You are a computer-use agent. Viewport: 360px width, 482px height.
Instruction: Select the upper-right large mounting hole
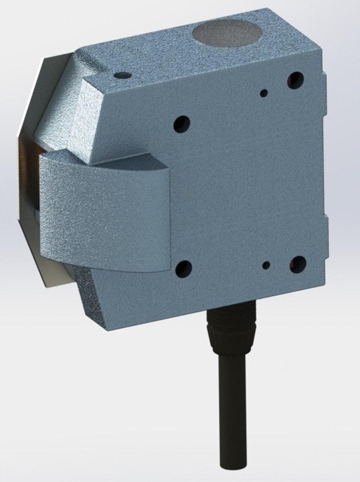pyautogui.click(x=295, y=79)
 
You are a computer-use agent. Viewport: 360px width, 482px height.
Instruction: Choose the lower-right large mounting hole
pyautogui.click(x=297, y=264)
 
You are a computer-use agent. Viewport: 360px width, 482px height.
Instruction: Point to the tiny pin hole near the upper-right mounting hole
pyautogui.click(x=265, y=93)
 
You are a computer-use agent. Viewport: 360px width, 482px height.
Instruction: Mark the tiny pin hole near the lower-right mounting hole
pyautogui.click(x=266, y=265)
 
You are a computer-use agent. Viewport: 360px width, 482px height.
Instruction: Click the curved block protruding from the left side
pyautogui.click(x=105, y=214)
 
